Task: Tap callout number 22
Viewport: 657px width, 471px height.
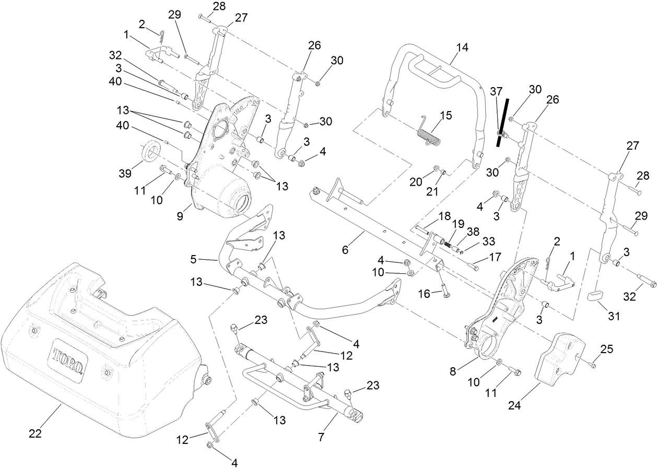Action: tap(36, 432)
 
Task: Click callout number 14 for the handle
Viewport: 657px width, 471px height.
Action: tap(462, 47)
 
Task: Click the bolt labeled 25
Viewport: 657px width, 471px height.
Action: tap(593, 366)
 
